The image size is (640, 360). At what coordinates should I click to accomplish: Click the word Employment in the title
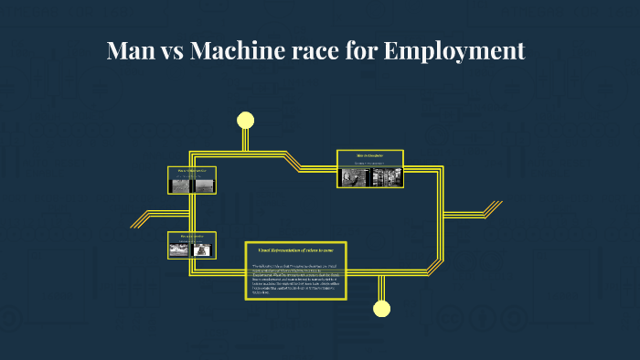[x=454, y=50]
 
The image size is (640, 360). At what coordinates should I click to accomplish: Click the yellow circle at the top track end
[x=245, y=120]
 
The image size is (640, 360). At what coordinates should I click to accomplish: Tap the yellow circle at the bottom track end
[x=381, y=308]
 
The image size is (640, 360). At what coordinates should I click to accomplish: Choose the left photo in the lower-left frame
[x=182, y=248]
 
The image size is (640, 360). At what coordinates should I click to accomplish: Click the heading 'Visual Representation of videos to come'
[x=294, y=249]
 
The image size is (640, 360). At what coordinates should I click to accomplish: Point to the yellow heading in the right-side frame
[x=369, y=156]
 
